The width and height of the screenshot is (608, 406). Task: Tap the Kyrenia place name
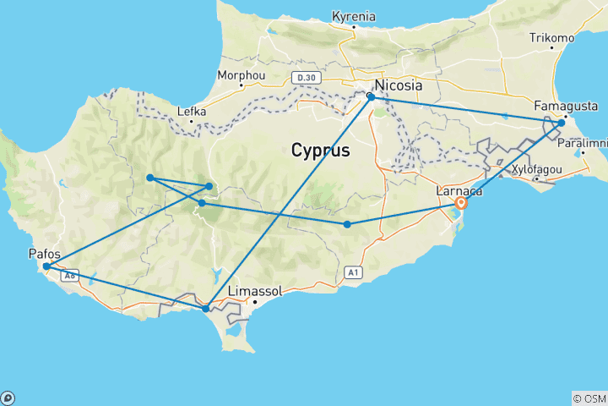tap(355, 16)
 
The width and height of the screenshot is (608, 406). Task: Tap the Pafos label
tap(44, 252)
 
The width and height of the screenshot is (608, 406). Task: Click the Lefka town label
tap(192, 111)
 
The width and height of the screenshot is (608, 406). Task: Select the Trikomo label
tap(551, 38)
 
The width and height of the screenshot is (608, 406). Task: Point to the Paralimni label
tap(584, 144)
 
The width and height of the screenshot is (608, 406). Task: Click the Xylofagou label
tap(537, 169)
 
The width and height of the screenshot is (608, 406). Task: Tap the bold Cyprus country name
tap(320, 151)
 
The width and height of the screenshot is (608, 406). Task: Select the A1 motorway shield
tap(354, 272)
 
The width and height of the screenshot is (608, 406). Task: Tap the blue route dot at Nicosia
tap(371, 97)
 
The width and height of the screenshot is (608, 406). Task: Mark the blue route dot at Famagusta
tap(561, 123)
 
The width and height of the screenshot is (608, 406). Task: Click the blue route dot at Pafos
tap(46, 266)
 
